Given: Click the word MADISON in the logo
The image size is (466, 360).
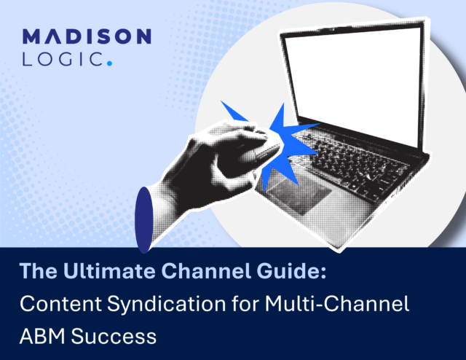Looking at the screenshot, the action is point(87,36).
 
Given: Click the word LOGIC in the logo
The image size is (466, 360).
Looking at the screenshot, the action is point(63,58).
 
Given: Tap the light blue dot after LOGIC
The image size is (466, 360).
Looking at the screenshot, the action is point(109,63).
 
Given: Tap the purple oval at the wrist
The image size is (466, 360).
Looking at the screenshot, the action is point(144,220).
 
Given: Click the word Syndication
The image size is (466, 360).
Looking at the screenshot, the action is point(167,304).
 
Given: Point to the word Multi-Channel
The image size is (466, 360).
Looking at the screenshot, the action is point(336,303).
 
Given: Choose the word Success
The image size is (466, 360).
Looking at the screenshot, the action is point(114,336).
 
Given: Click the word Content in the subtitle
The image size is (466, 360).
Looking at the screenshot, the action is point(60,303).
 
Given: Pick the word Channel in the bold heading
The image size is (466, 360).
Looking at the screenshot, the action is point(206,271).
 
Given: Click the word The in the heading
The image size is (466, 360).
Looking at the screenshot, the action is point(39,271).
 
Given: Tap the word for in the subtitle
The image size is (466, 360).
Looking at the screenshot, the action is point(245,303).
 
